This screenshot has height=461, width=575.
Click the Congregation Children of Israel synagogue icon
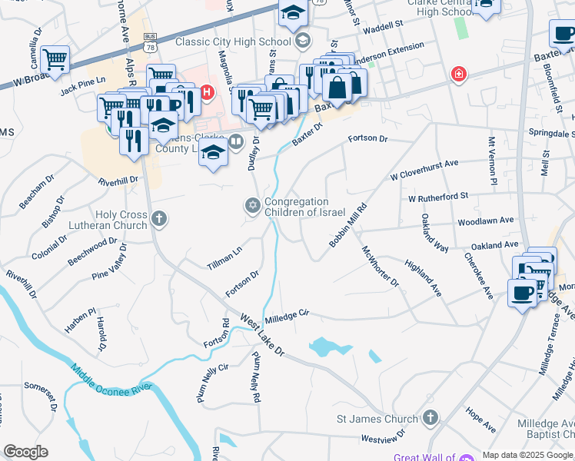pyautogui.click(x=251, y=206)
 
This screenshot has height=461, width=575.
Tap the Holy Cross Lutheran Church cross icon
pyautogui.click(x=158, y=220)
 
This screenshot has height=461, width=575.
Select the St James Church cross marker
pyautogui.click(x=430, y=418)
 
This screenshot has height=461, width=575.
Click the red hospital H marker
pyautogui.click(x=206, y=94)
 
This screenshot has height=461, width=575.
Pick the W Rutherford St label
pyautogui.click(x=438, y=197)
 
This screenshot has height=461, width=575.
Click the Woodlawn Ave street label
pyautogui.click(x=485, y=221)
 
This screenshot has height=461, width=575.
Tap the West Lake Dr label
pyautogui.click(x=262, y=334)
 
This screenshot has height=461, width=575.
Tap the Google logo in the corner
pyautogui.click(x=25, y=452)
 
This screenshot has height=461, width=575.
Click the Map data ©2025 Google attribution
pyautogui.click(x=527, y=455)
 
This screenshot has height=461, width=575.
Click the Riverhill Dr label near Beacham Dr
pyautogui.click(x=118, y=181)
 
